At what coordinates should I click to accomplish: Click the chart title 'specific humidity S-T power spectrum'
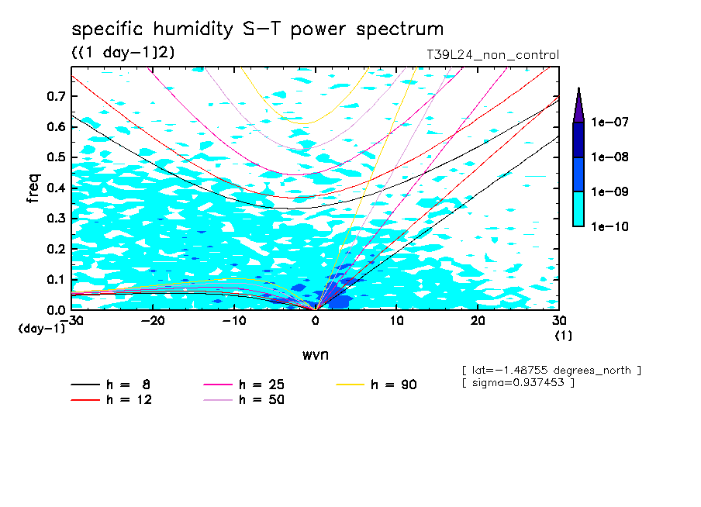tap(257, 29)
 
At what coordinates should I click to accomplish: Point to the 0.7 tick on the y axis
tap(54, 96)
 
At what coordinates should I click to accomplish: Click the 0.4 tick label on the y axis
tap(54, 188)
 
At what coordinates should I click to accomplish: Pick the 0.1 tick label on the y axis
tap(54, 280)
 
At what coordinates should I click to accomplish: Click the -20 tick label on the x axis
tap(153, 321)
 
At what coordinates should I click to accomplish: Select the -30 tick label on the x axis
tap(71, 321)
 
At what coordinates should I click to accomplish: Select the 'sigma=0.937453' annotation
tap(518, 383)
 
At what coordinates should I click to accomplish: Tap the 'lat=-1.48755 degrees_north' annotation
tap(551, 370)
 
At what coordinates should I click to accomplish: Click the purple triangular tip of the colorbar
tap(578, 105)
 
